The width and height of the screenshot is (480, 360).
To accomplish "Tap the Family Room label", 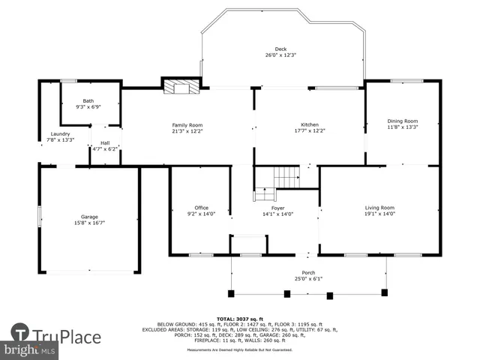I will (187, 124).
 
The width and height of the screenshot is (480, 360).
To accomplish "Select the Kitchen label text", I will (311, 124).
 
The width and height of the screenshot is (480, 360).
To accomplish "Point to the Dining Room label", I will (402, 121).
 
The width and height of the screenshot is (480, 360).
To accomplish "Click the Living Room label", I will (379, 208).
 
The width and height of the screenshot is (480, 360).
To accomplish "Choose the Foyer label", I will (277, 208).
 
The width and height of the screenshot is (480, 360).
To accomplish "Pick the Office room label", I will (201, 208).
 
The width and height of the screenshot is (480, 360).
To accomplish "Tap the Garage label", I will (90, 217).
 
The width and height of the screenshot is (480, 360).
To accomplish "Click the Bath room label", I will (88, 100).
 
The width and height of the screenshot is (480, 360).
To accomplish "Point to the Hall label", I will (105, 142).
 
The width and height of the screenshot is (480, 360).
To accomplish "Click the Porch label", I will (308, 274).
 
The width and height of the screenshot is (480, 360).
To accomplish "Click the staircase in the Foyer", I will (285, 178).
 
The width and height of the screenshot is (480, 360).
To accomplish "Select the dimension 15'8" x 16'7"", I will (90, 223).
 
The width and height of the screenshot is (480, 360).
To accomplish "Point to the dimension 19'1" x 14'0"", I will (379, 214).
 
